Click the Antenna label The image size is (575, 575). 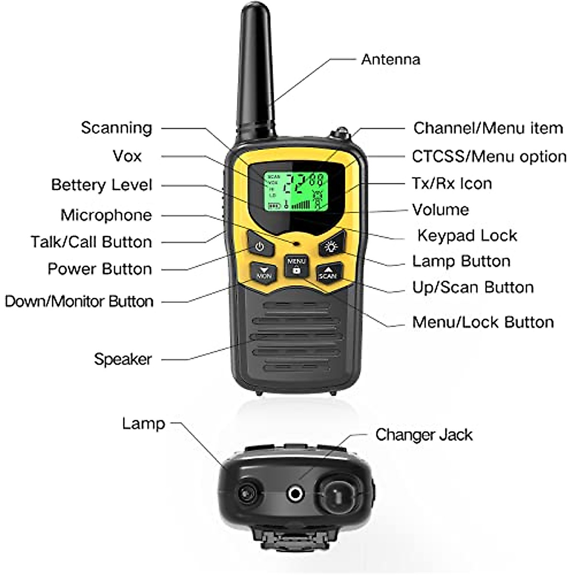pyautogui.click(x=391, y=59)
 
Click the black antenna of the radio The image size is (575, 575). pyautogui.click(x=257, y=72)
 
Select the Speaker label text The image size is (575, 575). pyautogui.click(x=123, y=359)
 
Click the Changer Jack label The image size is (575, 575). pyautogui.click(x=424, y=435)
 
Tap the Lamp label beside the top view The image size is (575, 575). pyautogui.click(x=143, y=424)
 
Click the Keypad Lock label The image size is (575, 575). pyautogui.click(x=467, y=235)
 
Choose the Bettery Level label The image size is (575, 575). pyautogui.click(x=102, y=185)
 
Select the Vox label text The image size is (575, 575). pyautogui.click(x=127, y=156)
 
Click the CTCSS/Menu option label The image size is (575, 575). pyautogui.click(x=489, y=157)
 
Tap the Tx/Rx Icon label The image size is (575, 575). pyautogui.click(x=452, y=184)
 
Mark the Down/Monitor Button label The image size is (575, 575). pyautogui.click(x=79, y=301)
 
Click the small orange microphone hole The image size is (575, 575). pyautogui.click(x=297, y=243)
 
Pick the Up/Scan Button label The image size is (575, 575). pyautogui.click(x=473, y=287)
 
